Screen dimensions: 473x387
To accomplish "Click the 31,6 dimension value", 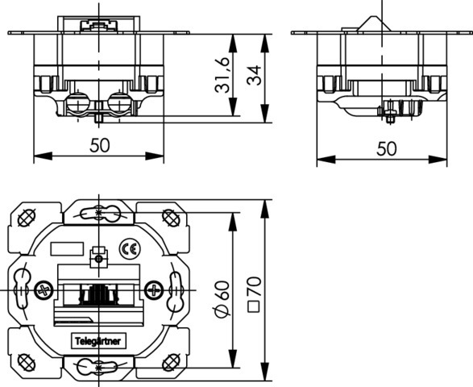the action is pos(222,74).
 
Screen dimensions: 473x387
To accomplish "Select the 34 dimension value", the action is pos(254,75).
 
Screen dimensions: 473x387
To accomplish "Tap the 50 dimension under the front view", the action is pos(100,145).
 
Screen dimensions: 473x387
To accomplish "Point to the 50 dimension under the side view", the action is pos(387,148).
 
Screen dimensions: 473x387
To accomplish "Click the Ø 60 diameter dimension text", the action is pos(222,299).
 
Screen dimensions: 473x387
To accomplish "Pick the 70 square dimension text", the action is pos(254,286).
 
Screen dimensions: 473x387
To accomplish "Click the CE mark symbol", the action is pos(130,249).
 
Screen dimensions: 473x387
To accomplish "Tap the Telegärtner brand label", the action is pos(98,341).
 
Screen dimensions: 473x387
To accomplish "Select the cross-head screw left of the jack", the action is pos(44,291).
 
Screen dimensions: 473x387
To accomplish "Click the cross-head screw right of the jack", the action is pos(154,291).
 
